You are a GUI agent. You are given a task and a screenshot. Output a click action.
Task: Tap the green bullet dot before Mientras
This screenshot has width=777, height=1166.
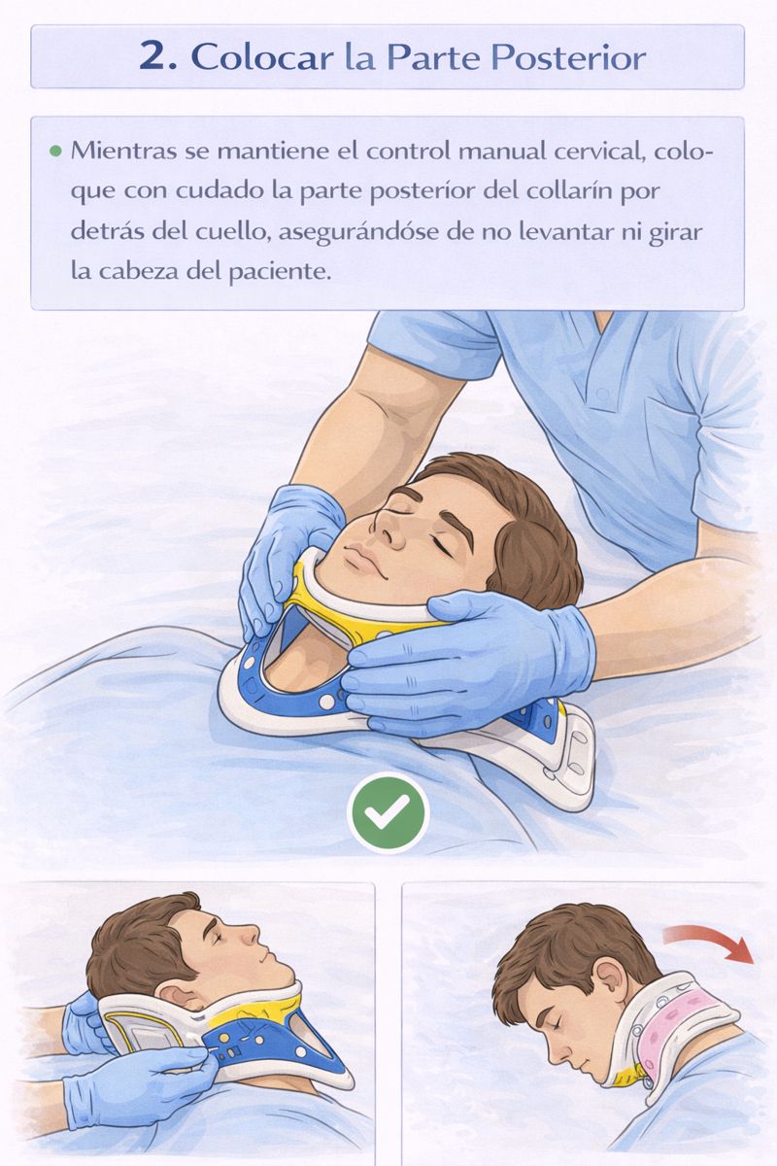coord(55,152)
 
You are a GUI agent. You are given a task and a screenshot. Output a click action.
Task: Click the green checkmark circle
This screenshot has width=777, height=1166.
coord(388,812)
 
